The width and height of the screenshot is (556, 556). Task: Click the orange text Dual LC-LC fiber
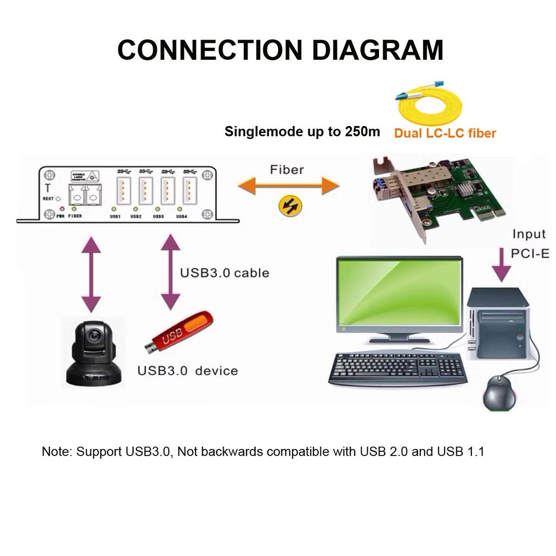[x=445, y=133]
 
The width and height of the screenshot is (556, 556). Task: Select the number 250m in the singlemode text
[x=363, y=131]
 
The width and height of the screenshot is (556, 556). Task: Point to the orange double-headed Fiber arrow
[x=288, y=186]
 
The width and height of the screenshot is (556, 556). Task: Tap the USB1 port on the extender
[x=124, y=190]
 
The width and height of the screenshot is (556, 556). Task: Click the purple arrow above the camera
[x=91, y=274]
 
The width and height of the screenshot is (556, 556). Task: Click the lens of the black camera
[x=93, y=337]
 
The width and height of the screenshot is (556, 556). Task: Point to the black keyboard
[x=398, y=369]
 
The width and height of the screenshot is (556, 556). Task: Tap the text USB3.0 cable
[x=224, y=273]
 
